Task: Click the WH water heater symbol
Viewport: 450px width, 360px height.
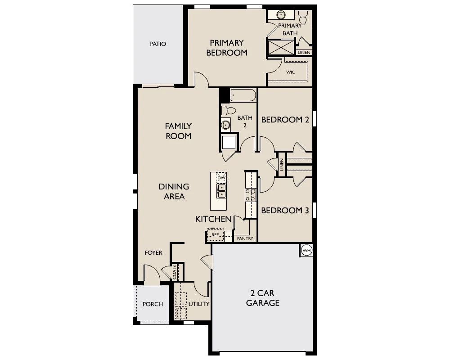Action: [x=306, y=250]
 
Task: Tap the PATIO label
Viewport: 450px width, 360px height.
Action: [x=158, y=44]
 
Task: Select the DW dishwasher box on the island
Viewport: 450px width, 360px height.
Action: [x=221, y=178]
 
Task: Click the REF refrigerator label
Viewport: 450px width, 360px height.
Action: [x=215, y=235]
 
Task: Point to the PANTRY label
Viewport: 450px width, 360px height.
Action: [x=245, y=238]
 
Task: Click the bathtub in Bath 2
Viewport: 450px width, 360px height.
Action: [x=243, y=95]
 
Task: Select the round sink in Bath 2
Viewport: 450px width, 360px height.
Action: [x=225, y=125]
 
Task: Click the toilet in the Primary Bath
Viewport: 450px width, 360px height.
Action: [x=303, y=17]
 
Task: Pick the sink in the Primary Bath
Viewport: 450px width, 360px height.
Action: [x=281, y=14]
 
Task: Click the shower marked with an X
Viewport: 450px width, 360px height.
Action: [x=281, y=47]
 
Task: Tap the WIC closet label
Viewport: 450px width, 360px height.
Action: [x=290, y=72]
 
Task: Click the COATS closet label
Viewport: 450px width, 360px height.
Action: [x=175, y=272]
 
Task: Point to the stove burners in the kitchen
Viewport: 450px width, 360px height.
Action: [x=251, y=195]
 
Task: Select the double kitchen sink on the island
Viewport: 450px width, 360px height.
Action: [x=221, y=191]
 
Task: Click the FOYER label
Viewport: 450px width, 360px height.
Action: [x=153, y=253]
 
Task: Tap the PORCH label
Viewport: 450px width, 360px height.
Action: [x=153, y=304]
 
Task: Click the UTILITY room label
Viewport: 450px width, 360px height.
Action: [x=199, y=304]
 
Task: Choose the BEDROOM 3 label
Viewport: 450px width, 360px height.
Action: [x=285, y=211]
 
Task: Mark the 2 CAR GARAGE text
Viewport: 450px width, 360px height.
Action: [x=263, y=298]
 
